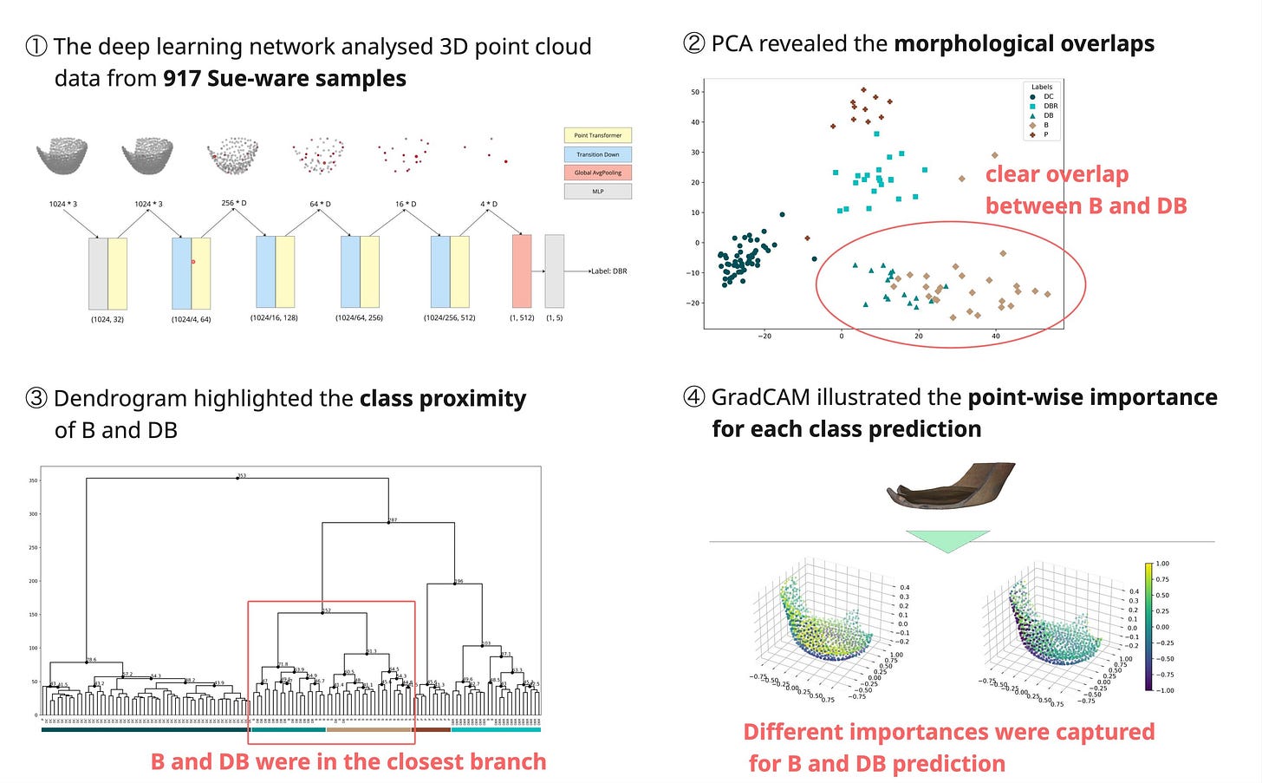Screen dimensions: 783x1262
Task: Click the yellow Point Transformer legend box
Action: coord(597,135)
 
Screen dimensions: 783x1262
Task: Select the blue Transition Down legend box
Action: coord(597,154)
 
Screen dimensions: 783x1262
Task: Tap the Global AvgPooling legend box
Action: coord(597,173)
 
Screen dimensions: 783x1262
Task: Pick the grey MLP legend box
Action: coord(597,191)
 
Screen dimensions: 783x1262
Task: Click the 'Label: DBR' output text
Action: coord(608,271)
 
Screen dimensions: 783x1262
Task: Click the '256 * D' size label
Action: coord(234,203)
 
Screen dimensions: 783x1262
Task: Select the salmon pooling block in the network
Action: coord(522,271)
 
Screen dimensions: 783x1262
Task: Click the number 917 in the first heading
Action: coord(182,79)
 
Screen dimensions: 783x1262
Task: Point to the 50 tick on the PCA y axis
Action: coord(695,92)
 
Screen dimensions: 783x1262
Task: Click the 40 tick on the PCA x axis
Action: coord(996,336)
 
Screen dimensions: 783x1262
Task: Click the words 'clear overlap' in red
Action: coord(1057,174)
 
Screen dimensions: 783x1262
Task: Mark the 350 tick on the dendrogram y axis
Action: coord(33,480)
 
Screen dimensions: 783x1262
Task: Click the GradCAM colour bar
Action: coord(1148,626)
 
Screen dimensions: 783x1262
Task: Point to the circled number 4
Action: coord(694,398)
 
